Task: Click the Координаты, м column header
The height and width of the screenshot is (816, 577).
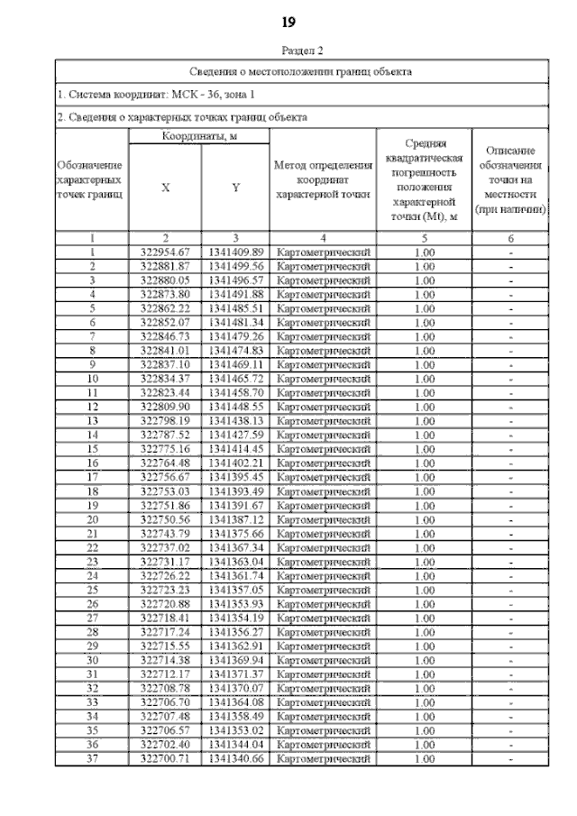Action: coord(198,136)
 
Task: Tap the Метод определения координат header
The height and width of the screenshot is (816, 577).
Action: coord(323,179)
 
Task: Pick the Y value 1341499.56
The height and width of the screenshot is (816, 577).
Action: coord(235,266)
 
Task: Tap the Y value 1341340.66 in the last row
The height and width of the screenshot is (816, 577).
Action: coord(235,758)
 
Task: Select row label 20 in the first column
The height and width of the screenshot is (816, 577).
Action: coord(92,519)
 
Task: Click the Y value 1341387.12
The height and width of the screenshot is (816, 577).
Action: coord(235,519)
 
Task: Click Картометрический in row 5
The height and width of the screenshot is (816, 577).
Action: coord(323,308)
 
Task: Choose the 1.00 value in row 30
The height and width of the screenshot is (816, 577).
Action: coord(424,660)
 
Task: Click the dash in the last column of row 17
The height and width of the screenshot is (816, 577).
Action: coord(511,477)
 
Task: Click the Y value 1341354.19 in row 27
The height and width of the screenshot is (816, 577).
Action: coord(235,618)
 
